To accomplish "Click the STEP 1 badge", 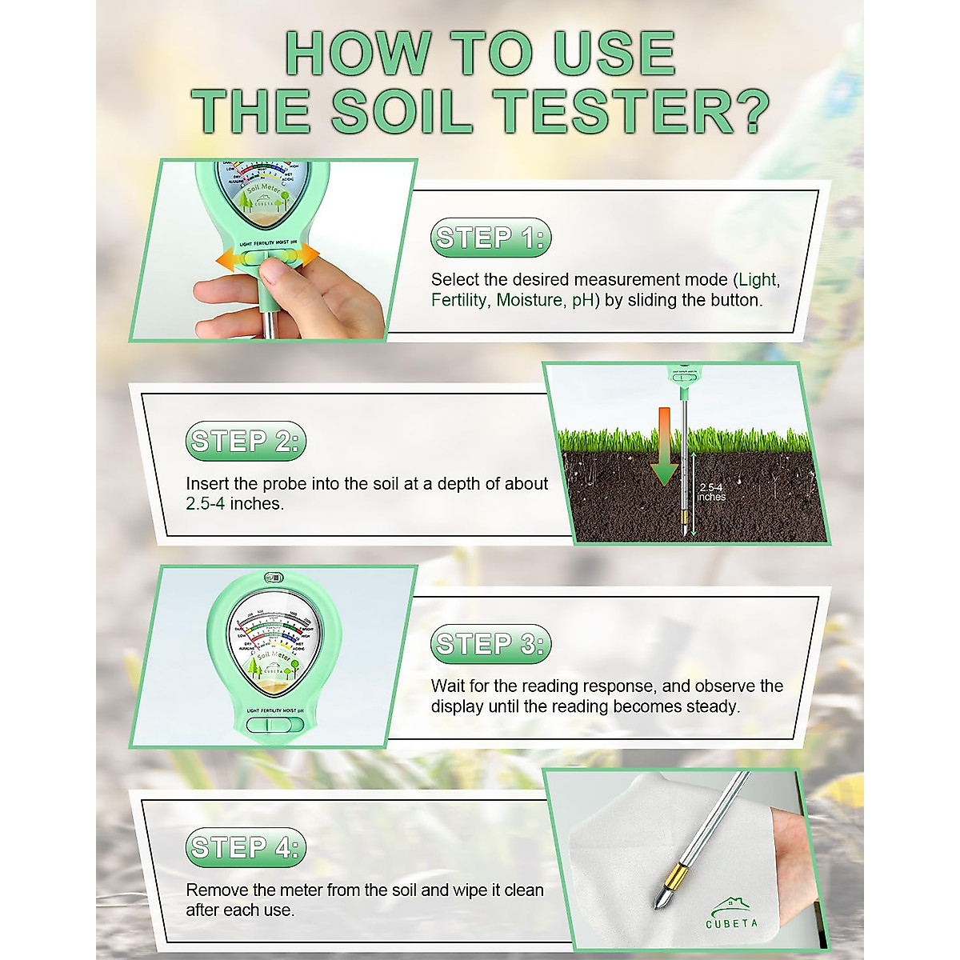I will pos(491,238).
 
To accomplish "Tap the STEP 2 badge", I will pos(246,441).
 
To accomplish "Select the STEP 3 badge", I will pos(491,644).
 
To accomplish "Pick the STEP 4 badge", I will pos(246,847).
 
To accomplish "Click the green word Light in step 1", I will pos(757,280).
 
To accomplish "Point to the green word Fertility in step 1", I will pos(458,300).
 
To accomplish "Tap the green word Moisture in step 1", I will pos(530,300).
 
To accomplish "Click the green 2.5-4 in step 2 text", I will pos(205,504).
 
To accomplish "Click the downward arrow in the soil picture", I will pos(664,448).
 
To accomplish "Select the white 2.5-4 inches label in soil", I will pos(711,492).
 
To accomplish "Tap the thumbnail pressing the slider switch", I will pos(274,273).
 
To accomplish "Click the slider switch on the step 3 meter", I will pos(274,725).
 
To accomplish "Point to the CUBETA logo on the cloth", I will pos(731,913).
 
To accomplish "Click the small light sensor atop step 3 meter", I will pos(274,577).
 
